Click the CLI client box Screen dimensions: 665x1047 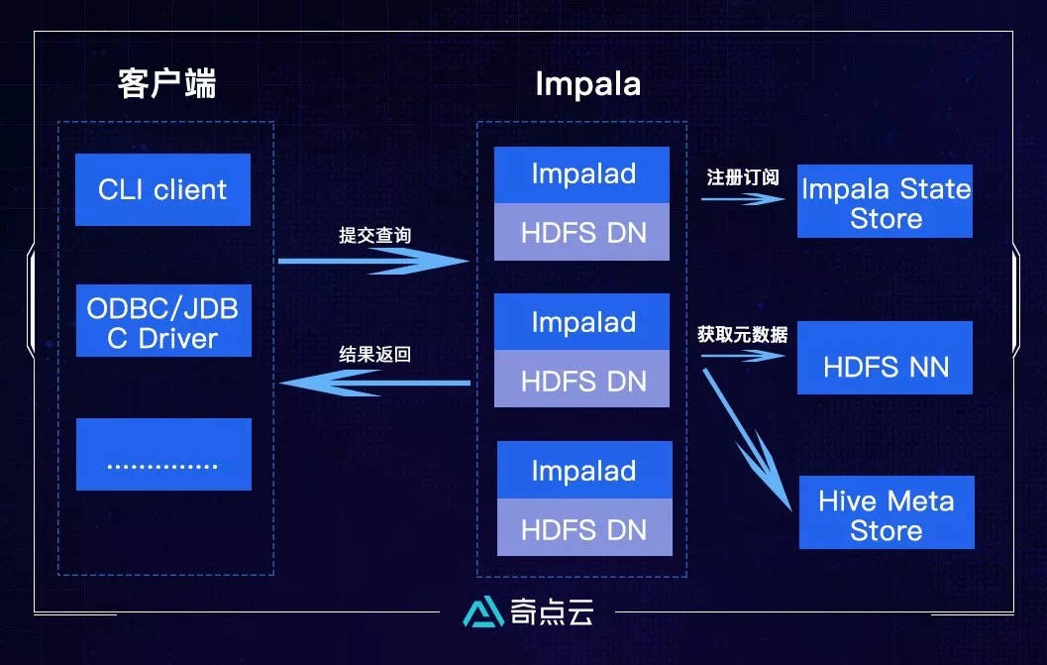[163, 189]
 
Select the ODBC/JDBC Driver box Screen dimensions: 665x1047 [163, 322]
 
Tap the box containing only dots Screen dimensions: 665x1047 [163, 454]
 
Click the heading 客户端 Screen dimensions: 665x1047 [166, 84]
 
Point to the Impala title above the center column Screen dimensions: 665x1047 [587, 84]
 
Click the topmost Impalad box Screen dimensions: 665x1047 [582, 174]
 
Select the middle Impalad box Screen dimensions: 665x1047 [582, 323]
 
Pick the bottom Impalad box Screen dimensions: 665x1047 [583, 471]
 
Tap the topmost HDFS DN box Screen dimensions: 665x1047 [582, 233]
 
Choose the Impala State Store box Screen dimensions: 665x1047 [886, 202]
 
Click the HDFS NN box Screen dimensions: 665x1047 [886, 367]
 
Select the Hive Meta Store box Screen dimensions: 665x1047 [886, 513]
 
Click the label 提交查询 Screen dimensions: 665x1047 [374, 236]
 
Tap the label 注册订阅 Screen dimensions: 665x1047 [743, 178]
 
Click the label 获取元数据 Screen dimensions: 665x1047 [742, 335]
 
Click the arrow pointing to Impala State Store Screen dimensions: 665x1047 [743, 198]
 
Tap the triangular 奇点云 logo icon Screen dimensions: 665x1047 [482, 612]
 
